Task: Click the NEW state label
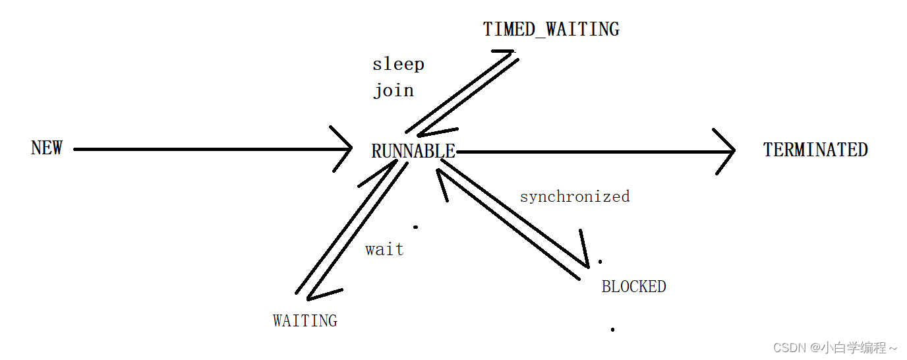pos(47,148)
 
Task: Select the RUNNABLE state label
pos(413,152)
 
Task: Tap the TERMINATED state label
pos(815,150)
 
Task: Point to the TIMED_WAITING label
pos(551,30)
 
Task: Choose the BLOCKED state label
pos(633,287)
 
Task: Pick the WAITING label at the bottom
pos(305,321)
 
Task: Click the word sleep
pos(398,65)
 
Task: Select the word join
pos(394,90)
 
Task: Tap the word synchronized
pos(575,196)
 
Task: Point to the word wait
pos(384,250)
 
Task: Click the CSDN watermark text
pos(835,347)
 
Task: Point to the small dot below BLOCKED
pos(612,329)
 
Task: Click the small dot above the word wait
pos(415,227)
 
